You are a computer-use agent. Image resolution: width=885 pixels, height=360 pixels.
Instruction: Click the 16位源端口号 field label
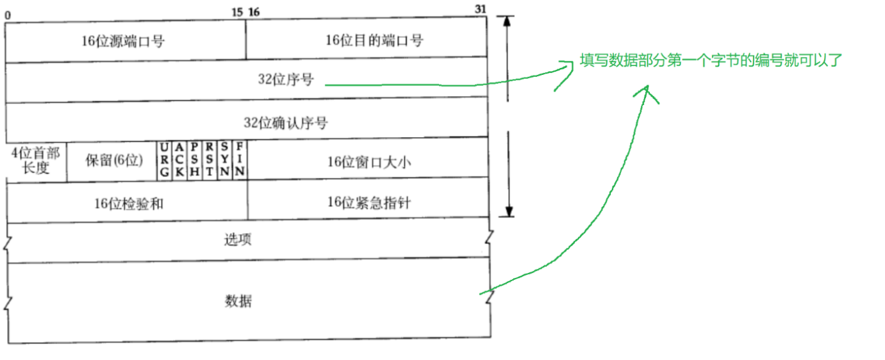pyautogui.click(x=123, y=41)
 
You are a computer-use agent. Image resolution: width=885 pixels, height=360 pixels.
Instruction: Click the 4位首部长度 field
pyautogui.click(x=36, y=160)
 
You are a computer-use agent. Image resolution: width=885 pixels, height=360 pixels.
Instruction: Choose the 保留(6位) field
pyautogui.click(x=113, y=160)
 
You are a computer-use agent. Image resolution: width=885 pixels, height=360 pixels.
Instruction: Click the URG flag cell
pyautogui.click(x=165, y=160)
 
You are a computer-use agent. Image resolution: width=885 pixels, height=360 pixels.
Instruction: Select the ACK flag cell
pyautogui.click(x=179, y=160)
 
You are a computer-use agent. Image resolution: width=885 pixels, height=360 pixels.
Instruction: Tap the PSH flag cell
pyautogui.click(x=194, y=160)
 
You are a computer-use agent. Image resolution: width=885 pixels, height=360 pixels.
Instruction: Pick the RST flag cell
pyautogui.click(x=210, y=160)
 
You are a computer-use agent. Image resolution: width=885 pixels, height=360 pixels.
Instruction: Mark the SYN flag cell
pyautogui.click(x=225, y=160)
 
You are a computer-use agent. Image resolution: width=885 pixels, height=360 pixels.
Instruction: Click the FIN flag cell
pyautogui.click(x=240, y=160)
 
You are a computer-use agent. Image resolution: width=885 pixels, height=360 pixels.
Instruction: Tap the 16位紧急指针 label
pyautogui.click(x=369, y=204)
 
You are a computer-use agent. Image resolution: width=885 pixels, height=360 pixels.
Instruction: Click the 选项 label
pyautogui.click(x=238, y=240)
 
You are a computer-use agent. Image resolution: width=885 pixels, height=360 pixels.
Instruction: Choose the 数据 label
pyautogui.click(x=238, y=300)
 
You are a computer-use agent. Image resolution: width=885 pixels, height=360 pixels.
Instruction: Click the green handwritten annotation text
pyautogui.click(x=711, y=61)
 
